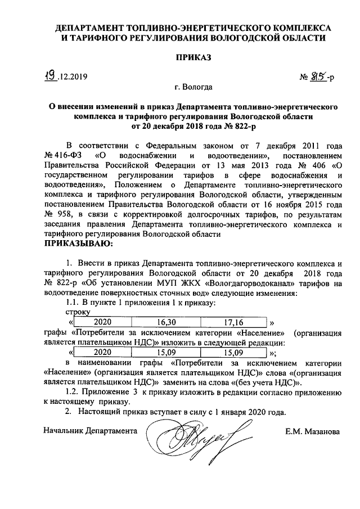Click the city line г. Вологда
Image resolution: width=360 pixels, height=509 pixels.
(x=193, y=87)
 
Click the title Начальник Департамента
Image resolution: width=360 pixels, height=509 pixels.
(x=91, y=431)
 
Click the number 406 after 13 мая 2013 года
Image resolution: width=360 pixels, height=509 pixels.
(x=312, y=164)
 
